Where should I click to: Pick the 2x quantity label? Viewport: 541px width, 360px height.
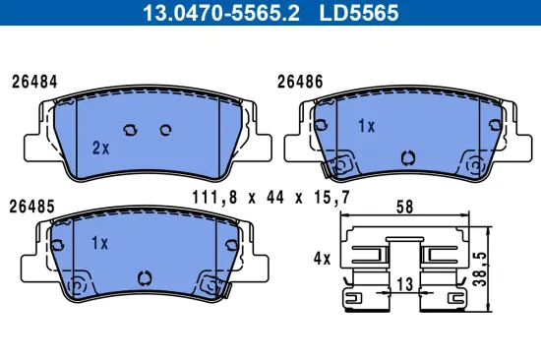pyautogui.click(x=99, y=148)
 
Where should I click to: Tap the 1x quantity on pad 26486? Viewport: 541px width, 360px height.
pyautogui.click(x=366, y=126)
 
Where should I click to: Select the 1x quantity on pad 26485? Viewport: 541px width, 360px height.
pyautogui.click(x=99, y=242)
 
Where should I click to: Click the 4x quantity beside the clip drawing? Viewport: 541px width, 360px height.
pyautogui.click(x=321, y=258)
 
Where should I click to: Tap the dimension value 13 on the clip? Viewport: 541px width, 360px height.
pyautogui.click(x=403, y=283)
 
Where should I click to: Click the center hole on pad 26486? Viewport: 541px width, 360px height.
pyautogui.click(x=408, y=155)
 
